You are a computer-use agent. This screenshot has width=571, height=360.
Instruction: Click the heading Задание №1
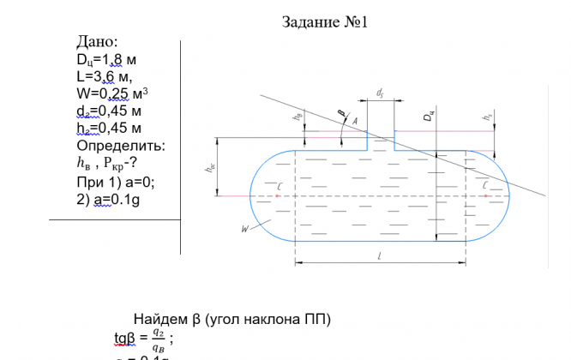[x=325, y=22]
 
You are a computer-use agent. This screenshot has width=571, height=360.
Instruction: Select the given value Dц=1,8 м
[x=106, y=60]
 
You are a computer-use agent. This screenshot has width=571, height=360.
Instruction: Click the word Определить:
[x=120, y=146]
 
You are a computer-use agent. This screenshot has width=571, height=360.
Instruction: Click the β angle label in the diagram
[x=340, y=112]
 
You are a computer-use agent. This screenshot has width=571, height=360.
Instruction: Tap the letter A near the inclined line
[x=354, y=123]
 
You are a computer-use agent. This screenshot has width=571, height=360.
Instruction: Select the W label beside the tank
[x=245, y=229]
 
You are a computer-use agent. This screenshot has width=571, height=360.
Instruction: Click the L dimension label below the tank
[x=378, y=255]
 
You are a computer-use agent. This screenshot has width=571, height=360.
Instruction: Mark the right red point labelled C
[x=486, y=195]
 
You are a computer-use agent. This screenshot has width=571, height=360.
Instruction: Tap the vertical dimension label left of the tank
[x=210, y=169]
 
